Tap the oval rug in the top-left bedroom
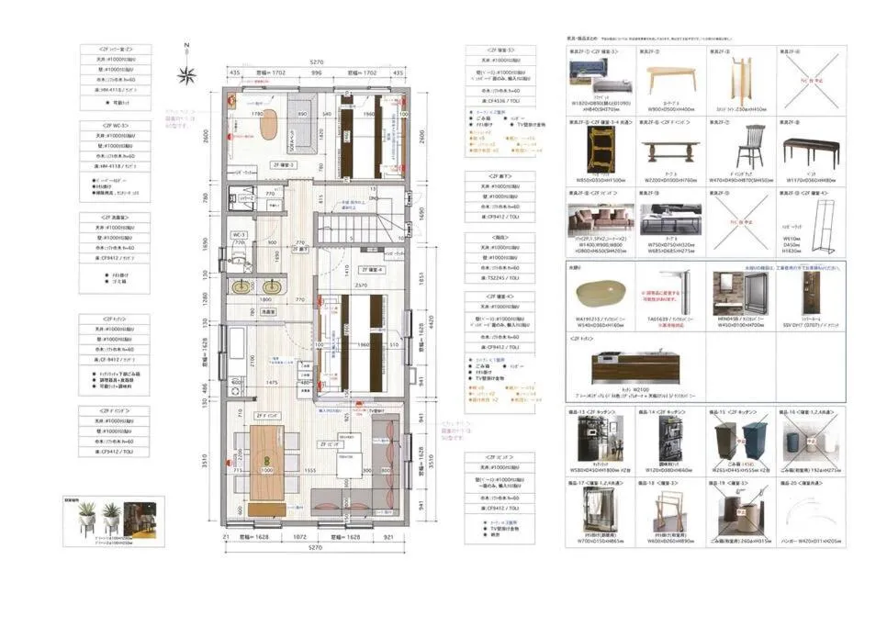[x=268, y=124]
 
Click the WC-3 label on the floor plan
[x=240, y=235]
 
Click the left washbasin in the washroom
[x=242, y=286]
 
